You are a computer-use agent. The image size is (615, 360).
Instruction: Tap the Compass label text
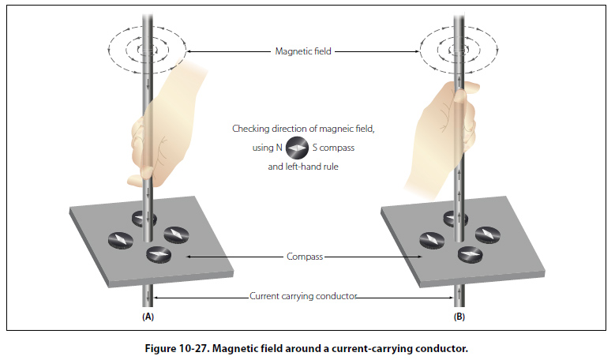coord(305,257)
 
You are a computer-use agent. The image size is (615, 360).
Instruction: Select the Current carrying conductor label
coord(304,296)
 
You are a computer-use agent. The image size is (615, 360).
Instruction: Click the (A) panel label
coord(148,317)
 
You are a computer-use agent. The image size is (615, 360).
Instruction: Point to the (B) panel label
coord(459,317)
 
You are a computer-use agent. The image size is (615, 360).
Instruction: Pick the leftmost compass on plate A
coord(117,238)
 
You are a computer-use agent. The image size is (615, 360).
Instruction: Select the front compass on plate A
coord(160,254)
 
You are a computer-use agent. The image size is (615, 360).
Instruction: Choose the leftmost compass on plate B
coord(431,238)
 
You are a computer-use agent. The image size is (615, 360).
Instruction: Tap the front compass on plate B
coord(471,254)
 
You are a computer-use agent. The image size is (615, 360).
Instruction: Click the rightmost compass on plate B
coord(489,234)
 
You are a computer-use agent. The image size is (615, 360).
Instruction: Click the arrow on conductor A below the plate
coord(148,297)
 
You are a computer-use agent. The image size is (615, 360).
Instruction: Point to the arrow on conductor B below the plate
coord(459,297)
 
